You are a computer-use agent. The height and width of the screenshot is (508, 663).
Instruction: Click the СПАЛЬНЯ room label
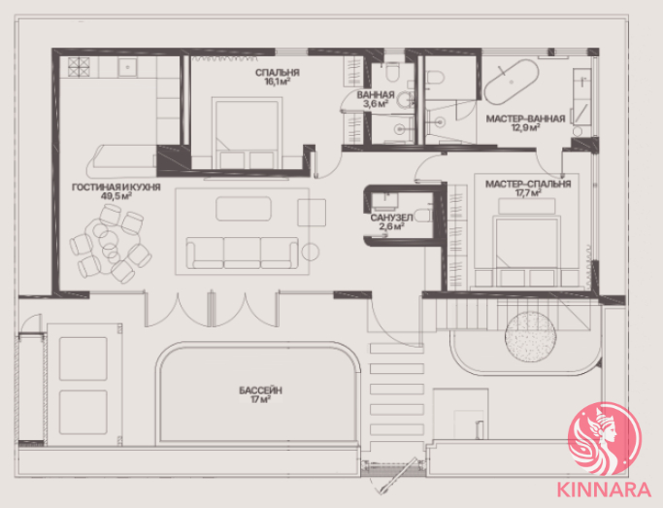pyautogui.click(x=277, y=73)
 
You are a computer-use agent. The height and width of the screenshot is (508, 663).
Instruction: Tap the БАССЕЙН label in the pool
pyautogui.click(x=260, y=390)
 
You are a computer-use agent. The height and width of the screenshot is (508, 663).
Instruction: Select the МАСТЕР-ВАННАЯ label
pyautogui.click(x=525, y=119)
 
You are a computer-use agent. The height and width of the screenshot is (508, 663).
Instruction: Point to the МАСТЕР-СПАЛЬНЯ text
pyautogui.click(x=528, y=184)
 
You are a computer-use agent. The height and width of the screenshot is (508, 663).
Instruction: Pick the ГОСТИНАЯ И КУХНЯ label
pyautogui.click(x=116, y=186)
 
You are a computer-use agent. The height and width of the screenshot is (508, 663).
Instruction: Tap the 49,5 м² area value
pyautogui.click(x=116, y=196)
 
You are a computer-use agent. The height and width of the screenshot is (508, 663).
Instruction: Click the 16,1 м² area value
pyautogui.click(x=277, y=82)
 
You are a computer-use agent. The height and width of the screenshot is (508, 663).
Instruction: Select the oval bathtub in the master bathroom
pyautogui.click(x=512, y=81)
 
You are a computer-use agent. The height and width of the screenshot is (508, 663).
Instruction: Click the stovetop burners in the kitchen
pyautogui.click(x=79, y=67)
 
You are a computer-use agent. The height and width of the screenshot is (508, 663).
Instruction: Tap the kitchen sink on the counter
pyautogui.click(x=127, y=67)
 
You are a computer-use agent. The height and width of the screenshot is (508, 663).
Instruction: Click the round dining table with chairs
pyautogui.click(x=111, y=244)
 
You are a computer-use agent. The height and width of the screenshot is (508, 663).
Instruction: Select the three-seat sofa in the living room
pyautogui.click(x=243, y=253)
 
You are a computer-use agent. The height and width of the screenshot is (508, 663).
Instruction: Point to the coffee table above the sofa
pyautogui.click(x=244, y=209)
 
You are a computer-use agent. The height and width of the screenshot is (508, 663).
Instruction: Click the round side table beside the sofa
pyautogui.click(x=311, y=253)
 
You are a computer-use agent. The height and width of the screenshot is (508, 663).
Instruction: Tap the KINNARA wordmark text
pyautogui.click(x=604, y=490)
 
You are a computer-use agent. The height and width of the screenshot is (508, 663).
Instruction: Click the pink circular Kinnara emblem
pyautogui.click(x=605, y=439)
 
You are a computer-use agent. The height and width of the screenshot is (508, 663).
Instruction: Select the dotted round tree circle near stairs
pyautogui.click(x=530, y=337)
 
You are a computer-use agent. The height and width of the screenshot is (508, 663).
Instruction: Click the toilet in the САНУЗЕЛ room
pyautogui.click(x=422, y=215)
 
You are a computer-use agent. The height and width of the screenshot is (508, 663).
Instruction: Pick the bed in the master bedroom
pyautogui.click(x=527, y=250)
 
